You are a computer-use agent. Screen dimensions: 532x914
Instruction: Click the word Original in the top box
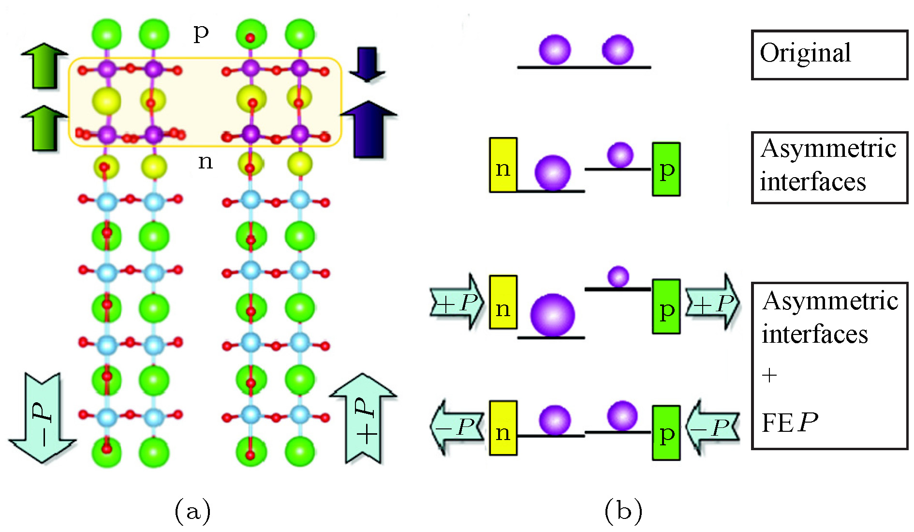tap(805, 53)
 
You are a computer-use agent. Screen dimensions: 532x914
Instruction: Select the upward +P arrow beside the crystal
tap(364, 419)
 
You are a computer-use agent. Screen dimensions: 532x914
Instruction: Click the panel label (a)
tap(192, 511)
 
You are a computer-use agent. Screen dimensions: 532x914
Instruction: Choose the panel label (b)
tap(623, 511)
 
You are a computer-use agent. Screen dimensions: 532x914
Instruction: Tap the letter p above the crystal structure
tap(201, 33)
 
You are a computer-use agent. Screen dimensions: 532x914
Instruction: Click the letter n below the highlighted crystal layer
tap(206, 161)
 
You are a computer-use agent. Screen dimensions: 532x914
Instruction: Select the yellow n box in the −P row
tap(503, 428)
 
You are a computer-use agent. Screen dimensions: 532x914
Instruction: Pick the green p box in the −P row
tap(666, 433)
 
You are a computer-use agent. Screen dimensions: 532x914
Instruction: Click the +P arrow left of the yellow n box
tap(457, 303)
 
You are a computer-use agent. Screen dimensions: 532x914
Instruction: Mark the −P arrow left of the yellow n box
tap(457, 426)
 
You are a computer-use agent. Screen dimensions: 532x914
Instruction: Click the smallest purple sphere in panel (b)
tap(618, 276)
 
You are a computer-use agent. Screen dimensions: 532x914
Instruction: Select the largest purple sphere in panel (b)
tap(552, 315)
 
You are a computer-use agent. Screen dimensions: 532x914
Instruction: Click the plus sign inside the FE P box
tap(769, 375)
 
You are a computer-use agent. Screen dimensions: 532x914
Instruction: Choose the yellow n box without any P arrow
tap(503, 165)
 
